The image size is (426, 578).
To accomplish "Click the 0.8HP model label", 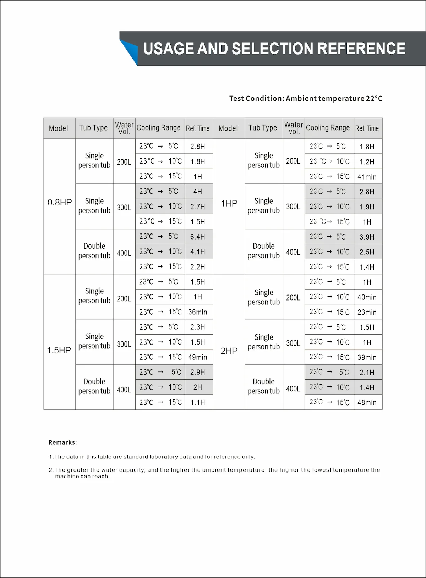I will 60,203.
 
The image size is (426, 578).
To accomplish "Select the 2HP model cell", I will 229,351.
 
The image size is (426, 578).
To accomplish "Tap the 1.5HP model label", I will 59,350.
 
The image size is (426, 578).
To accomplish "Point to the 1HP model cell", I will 229,203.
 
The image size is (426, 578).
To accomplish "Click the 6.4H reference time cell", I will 198,237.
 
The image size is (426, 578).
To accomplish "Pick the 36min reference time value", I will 198,312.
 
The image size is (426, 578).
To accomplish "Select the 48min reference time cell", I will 367,402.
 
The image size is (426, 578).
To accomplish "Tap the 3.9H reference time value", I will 367,237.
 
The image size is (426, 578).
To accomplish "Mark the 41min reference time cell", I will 367,177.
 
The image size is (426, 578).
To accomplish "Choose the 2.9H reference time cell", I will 198,372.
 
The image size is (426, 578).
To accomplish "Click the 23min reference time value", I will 367,312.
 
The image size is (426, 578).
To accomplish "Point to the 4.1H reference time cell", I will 198,252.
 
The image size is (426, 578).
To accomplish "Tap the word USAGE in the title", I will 168,49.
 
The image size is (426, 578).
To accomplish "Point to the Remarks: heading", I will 63,442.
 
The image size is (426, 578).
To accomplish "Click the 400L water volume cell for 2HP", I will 293,389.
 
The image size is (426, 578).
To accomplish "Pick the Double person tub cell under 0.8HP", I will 94,251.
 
